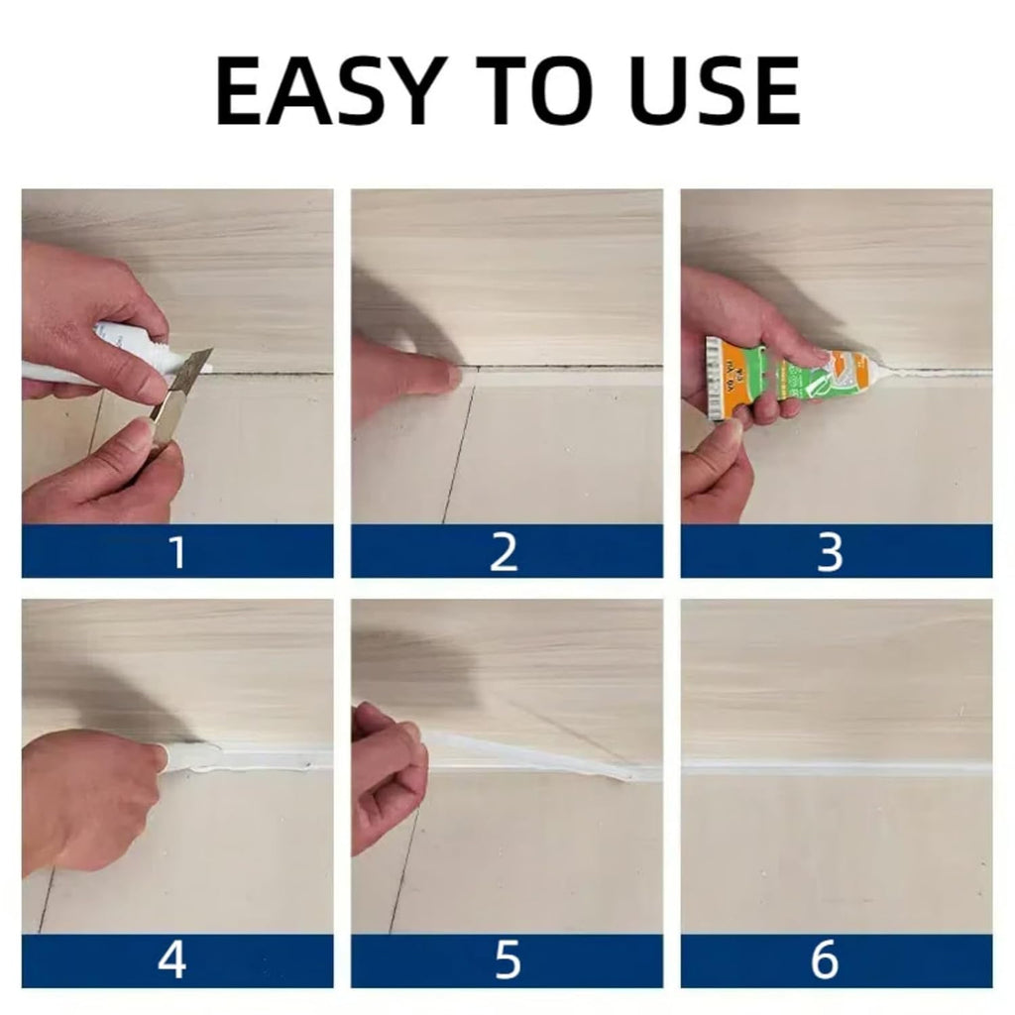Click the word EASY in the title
click(x=326, y=91)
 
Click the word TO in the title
click(x=539, y=91)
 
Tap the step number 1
click(x=177, y=552)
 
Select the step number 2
click(x=505, y=552)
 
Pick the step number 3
click(x=830, y=552)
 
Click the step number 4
click(x=173, y=961)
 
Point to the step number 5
click(x=506, y=961)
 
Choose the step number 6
click(x=825, y=961)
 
